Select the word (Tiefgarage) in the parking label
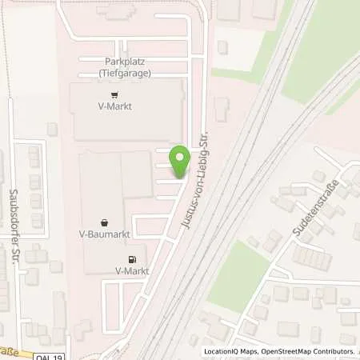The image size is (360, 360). pos(126,73)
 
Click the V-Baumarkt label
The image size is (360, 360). pos(106,234)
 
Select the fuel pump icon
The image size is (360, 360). pos(132,258)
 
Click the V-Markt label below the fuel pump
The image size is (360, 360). pos(132,270)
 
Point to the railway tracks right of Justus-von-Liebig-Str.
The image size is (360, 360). pos(232,200)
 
